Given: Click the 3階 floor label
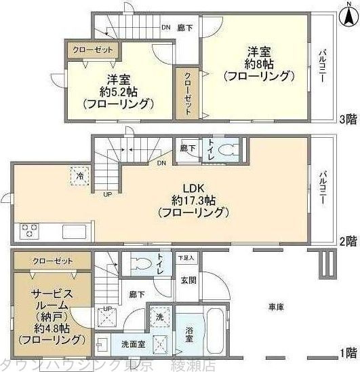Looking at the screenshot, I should click(x=348, y=121).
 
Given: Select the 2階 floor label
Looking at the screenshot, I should click(x=348, y=240).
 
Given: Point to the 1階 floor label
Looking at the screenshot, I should click(x=348, y=352).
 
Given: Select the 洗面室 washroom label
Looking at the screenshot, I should click(x=131, y=343).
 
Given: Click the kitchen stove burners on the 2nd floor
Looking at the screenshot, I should click(x=31, y=229).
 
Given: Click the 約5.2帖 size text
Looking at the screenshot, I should click(x=113, y=91).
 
